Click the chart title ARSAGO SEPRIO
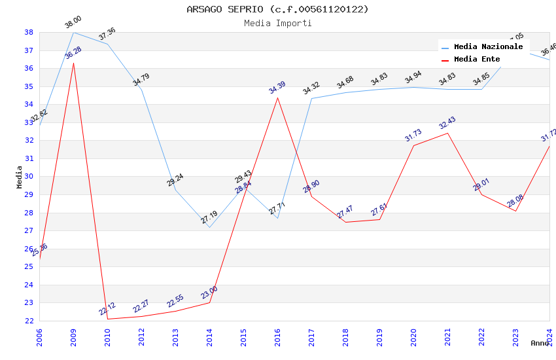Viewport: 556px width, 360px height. [277, 9]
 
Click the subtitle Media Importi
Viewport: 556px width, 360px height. [277, 24]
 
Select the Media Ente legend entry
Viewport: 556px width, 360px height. [476, 60]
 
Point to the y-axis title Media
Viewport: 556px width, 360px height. [19, 176]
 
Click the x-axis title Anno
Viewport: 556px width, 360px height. [540, 343]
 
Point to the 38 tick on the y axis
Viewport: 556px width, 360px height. [29, 32]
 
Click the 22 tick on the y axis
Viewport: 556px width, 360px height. [29, 321]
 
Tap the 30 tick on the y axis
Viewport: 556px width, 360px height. [29, 177]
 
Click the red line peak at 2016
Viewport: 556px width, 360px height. [277, 98]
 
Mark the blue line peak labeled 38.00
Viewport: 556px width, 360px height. [73, 32]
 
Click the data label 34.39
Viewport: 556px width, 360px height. [277, 87]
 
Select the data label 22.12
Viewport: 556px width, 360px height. [107, 309]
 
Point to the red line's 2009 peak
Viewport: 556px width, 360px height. [73, 63]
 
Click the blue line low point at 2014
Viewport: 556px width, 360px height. [209, 227]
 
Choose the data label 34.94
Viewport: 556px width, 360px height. [413, 77]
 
